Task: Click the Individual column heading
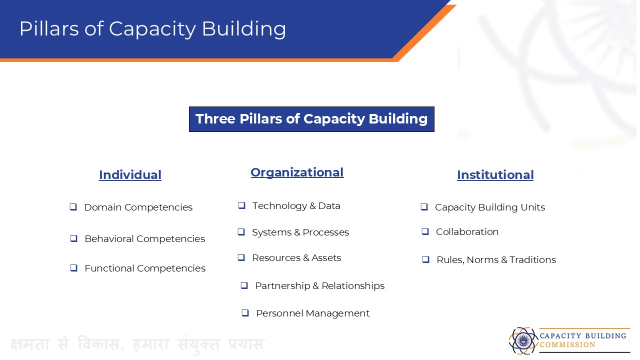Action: coord(130,175)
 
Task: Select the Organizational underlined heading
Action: coord(297,172)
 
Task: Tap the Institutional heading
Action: coord(495,175)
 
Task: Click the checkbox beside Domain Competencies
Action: coord(73,207)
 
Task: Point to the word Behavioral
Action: coord(109,238)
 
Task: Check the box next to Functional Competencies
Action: coord(73,268)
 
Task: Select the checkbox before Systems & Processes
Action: coord(241,231)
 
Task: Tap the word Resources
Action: coord(276,257)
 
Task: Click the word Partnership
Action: coord(282,285)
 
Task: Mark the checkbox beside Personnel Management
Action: coord(245,313)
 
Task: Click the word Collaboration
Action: coord(467,231)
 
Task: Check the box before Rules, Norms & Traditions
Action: coord(425,259)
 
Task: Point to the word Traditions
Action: coord(532,259)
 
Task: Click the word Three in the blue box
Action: coord(215,119)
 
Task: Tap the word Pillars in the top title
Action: coord(49,29)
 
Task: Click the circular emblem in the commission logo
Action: coord(523,340)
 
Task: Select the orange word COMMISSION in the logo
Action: coord(567,345)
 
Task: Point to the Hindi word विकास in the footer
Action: coord(101,344)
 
